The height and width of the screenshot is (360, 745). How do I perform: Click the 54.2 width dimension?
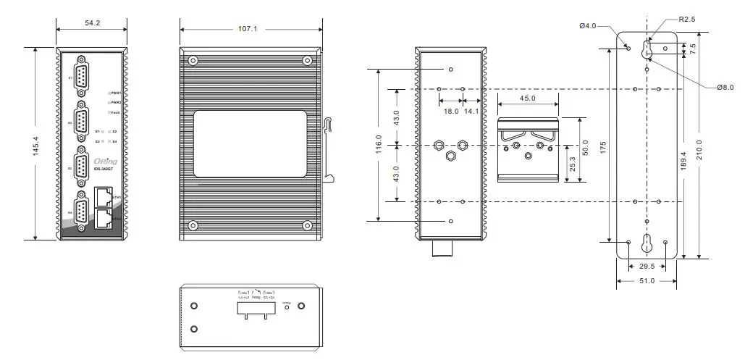pos(92,23)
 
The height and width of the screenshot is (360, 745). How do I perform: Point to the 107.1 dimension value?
pos(248,29)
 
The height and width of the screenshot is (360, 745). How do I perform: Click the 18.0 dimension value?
pos(451,112)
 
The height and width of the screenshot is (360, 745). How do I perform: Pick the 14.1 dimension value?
pos(471,112)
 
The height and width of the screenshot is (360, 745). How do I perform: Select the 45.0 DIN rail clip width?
pos(528,99)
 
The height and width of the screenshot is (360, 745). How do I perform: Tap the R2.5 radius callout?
pos(686,20)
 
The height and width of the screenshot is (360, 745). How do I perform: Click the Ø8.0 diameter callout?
pos(725,88)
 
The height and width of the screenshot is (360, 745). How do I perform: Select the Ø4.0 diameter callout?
pos(587,26)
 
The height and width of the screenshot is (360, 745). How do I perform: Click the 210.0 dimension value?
pos(699,152)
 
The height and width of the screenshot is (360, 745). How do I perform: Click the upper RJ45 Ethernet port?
pos(104,196)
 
